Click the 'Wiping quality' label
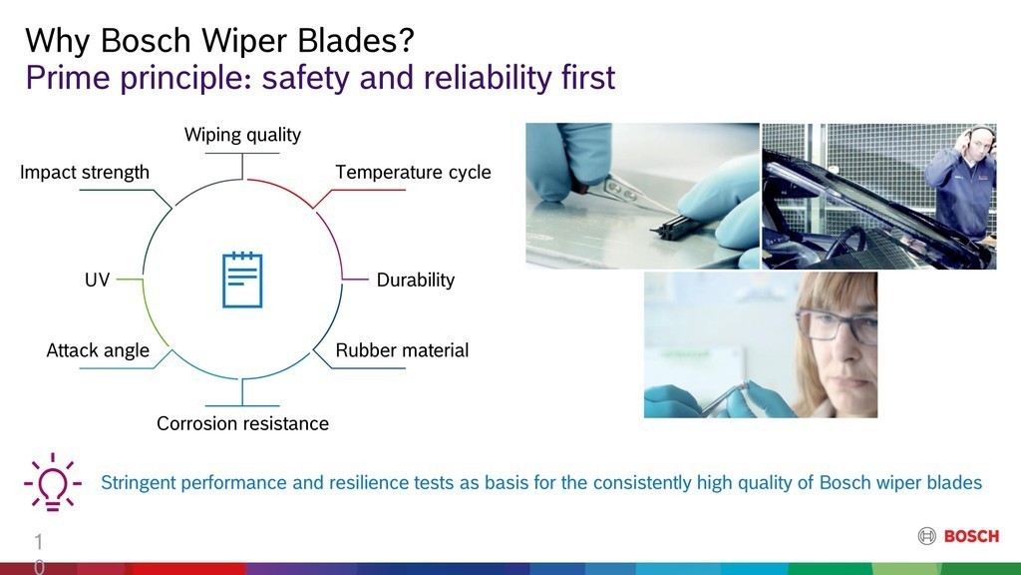[242, 135]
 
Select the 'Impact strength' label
[85, 172]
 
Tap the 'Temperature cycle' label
[413, 172]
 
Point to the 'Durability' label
[416, 280]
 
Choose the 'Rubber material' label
[402, 350]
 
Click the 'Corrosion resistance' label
[242, 423]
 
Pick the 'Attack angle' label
[98, 350]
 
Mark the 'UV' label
[97, 280]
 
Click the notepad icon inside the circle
[242, 280]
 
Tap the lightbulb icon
[53, 482]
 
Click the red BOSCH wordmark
[971, 536]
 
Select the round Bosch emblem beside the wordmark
[926, 536]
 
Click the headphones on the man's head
[980, 137]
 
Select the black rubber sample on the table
[675, 227]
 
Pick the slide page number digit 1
[39, 542]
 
